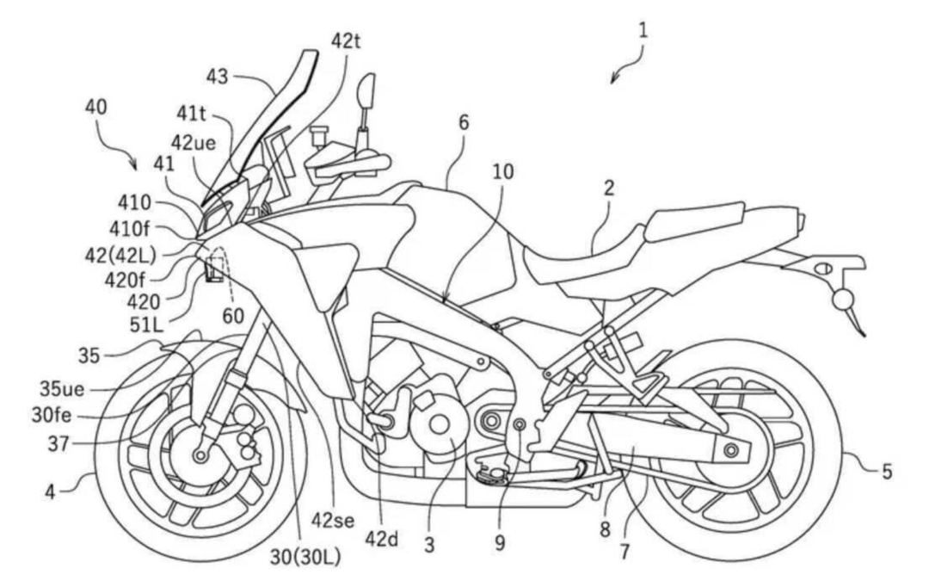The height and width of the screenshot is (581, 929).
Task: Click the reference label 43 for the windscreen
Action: (218, 77)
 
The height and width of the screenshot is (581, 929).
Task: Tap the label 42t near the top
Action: (346, 41)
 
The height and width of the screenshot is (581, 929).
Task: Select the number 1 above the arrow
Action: (643, 30)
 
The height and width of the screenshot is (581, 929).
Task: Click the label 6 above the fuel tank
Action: (464, 123)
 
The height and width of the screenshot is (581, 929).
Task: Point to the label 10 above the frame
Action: (503, 171)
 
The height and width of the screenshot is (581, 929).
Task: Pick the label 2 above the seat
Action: (609, 189)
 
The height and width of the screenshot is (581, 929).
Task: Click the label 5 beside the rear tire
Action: (886, 472)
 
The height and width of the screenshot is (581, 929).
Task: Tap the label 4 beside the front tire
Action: (51, 491)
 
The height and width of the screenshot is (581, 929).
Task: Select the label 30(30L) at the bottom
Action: (305, 557)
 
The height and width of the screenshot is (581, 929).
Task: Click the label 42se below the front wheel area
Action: (332, 521)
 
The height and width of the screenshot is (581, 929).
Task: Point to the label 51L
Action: (148, 324)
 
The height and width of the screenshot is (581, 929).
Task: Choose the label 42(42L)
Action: (120, 255)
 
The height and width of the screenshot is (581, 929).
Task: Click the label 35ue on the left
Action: (62, 389)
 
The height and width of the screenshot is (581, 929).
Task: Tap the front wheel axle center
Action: (200, 455)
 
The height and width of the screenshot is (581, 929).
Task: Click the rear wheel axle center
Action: (732, 448)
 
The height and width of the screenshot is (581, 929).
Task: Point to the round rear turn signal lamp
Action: (843, 300)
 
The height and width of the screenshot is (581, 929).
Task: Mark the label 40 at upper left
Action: (96, 107)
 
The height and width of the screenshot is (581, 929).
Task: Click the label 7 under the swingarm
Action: (624, 551)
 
